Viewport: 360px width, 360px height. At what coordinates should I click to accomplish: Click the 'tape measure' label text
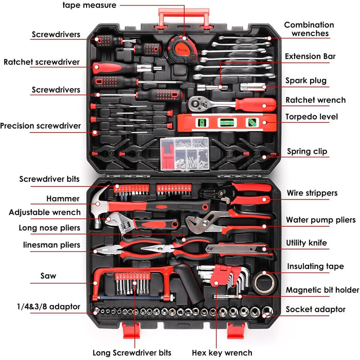(89, 5)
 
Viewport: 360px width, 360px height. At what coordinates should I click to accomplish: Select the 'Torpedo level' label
(312, 117)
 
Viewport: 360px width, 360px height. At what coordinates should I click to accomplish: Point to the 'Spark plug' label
(306, 81)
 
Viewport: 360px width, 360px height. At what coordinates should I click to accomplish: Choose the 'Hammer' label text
(63, 199)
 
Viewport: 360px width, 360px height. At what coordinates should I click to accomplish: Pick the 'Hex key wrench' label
(222, 353)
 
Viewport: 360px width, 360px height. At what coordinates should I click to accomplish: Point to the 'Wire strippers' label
(312, 193)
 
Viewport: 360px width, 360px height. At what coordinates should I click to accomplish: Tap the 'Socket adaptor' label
(316, 310)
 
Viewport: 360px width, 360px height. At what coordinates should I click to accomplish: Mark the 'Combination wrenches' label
(309, 29)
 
